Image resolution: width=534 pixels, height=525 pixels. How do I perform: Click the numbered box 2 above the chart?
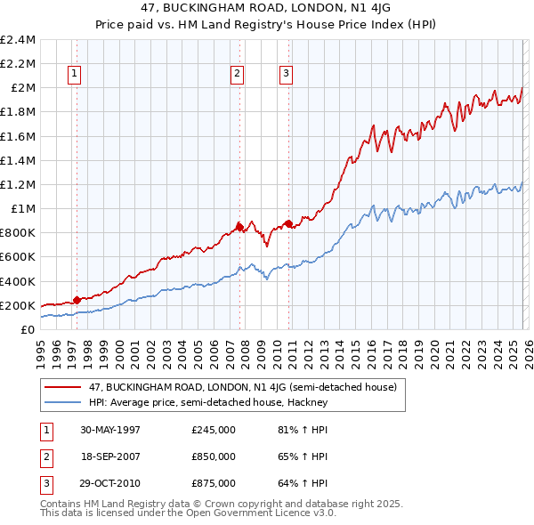click(238, 75)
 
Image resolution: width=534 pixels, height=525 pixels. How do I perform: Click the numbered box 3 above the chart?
click(287, 75)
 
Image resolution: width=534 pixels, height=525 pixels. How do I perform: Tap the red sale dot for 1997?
click(77, 300)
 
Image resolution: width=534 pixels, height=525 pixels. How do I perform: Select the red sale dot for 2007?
click(239, 227)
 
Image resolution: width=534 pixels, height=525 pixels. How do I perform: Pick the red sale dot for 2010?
click(288, 223)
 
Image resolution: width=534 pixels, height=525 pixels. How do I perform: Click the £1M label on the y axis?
click(23, 208)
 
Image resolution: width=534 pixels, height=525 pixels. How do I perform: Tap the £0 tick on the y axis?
click(28, 329)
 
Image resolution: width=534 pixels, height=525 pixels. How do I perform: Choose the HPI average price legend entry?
click(208, 402)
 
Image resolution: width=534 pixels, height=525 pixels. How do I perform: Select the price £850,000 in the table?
click(213, 456)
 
